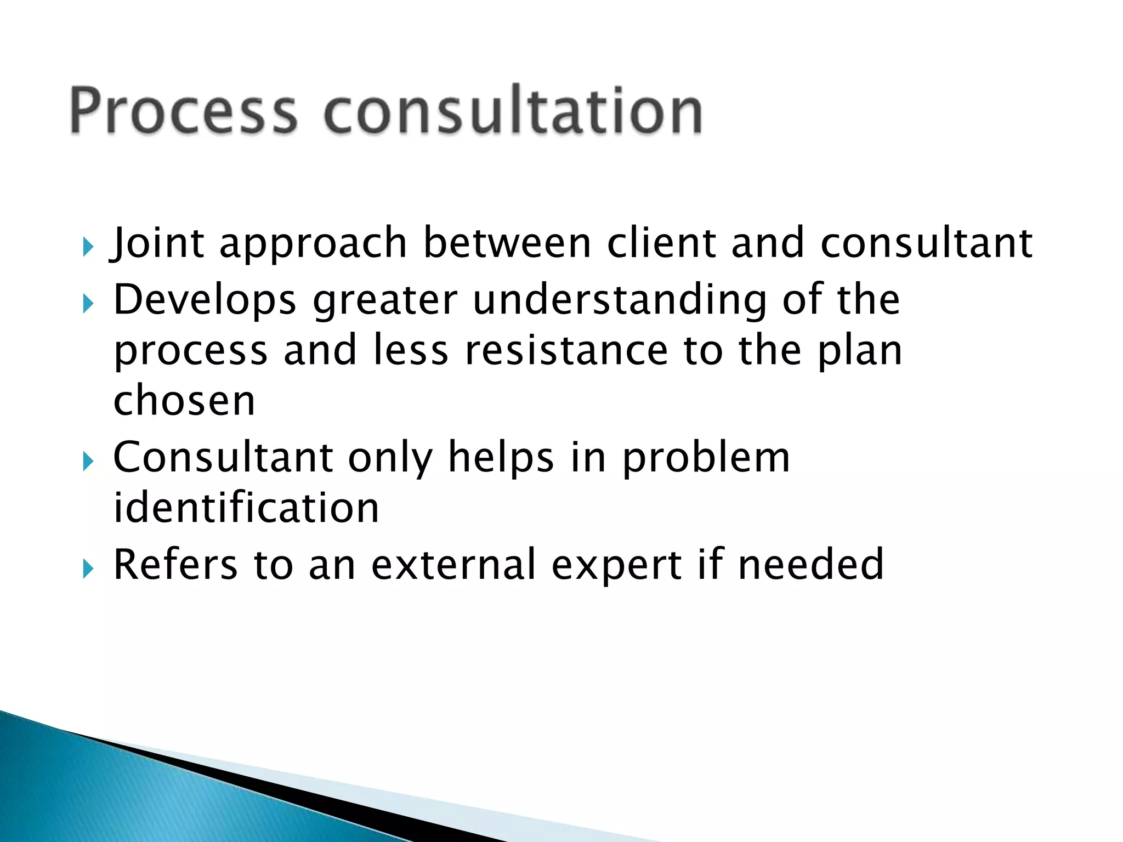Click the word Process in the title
(184, 111)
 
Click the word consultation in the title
(513, 111)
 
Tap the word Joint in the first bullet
(157, 243)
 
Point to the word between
(507, 242)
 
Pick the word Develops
(205, 301)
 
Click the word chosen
(184, 400)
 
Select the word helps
(501, 458)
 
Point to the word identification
(246, 508)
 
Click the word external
(453, 564)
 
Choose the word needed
(811, 564)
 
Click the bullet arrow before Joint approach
(88, 247)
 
